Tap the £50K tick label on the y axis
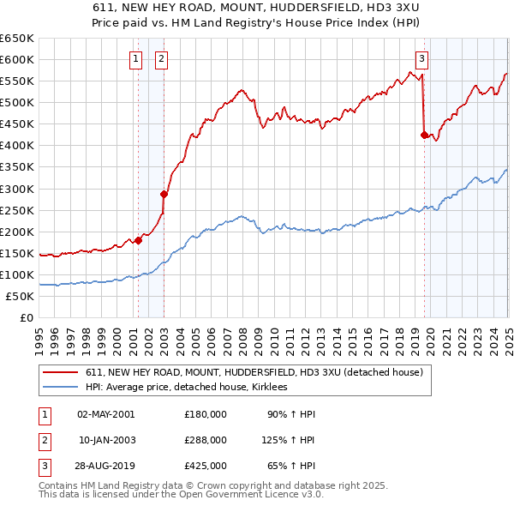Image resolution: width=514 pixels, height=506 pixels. click(x=20, y=296)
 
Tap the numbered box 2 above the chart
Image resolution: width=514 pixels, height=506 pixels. click(x=161, y=59)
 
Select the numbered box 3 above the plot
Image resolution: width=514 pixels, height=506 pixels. click(x=422, y=59)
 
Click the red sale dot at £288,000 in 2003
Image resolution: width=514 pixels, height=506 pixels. click(x=164, y=194)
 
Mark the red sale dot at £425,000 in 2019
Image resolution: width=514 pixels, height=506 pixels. click(x=424, y=135)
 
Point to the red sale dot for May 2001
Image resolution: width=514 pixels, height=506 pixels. click(x=138, y=240)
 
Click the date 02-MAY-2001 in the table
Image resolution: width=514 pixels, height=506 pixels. click(x=106, y=414)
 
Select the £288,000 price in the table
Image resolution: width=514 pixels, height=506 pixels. click(x=206, y=440)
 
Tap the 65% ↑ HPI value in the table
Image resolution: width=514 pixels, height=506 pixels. click(x=291, y=467)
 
